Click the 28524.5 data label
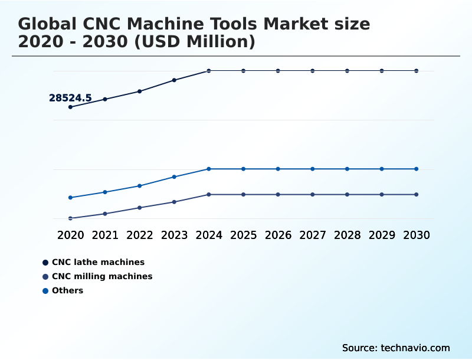click(x=70, y=98)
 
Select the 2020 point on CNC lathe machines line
click(x=70, y=107)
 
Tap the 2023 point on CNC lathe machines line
click(x=174, y=80)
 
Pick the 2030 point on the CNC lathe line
click(x=416, y=71)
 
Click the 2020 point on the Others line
click(x=70, y=198)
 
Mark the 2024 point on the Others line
click(x=209, y=169)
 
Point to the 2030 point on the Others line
click(x=416, y=169)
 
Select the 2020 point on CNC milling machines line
click(x=70, y=218)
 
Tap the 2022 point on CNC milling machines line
click(x=140, y=208)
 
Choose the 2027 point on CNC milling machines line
click(x=313, y=194)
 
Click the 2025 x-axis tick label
click(x=243, y=235)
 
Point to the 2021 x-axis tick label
click(x=105, y=235)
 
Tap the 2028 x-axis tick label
click(x=347, y=235)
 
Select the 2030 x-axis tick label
click(x=416, y=235)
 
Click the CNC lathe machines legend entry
click(x=97, y=262)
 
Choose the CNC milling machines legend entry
click(x=101, y=276)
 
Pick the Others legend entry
click(x=67, y=290)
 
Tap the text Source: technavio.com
click(x=396, y=348)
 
